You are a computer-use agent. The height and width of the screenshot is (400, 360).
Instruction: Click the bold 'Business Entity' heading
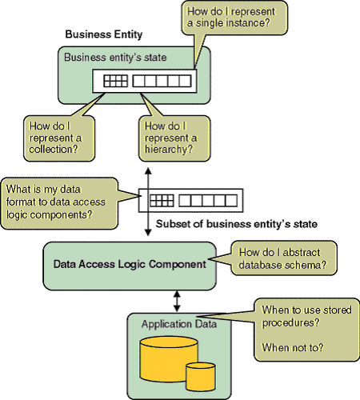[104, 34]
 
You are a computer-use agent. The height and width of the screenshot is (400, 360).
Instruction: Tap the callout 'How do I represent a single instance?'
[234, 18]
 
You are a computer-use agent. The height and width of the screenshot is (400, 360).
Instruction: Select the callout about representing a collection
[59, 138]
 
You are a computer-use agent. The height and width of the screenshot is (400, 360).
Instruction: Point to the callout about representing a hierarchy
[174, 138]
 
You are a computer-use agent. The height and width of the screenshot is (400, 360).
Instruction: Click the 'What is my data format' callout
[59, 203]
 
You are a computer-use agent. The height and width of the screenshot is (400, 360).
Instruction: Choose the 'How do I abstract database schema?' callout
[284, 258]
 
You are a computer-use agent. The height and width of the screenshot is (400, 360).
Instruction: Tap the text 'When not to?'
[293, 348]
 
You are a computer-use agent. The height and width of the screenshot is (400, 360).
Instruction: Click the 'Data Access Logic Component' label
[130, 264]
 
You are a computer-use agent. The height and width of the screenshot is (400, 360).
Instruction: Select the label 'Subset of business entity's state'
[237, 224]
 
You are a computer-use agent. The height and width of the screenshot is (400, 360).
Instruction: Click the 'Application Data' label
[179, 324]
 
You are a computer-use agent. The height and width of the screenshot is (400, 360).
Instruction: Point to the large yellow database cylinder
[169, 359]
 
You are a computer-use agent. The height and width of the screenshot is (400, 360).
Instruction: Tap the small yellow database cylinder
[201, 377]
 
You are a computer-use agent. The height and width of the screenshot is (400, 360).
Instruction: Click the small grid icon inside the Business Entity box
[115, 81]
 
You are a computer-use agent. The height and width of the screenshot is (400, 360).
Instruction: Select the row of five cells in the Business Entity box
[162, 81]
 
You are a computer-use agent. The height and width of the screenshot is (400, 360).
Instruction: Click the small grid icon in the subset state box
[162, 201]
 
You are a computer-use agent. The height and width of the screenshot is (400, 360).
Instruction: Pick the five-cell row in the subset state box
[208, 201]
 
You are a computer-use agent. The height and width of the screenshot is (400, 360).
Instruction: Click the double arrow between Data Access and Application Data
[177, 302]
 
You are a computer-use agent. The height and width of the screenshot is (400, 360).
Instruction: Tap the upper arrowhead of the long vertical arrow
[148, 171]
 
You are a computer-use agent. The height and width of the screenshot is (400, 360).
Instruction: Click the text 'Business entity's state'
[115, 58]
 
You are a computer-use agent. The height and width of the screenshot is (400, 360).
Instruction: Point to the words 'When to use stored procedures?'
[306, 316]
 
